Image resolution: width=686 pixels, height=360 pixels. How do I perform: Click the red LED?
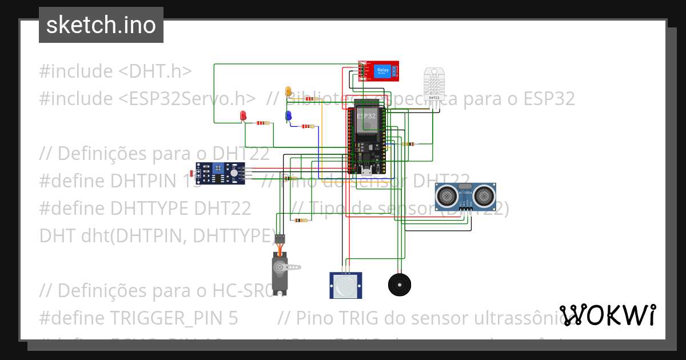tap(243, 116)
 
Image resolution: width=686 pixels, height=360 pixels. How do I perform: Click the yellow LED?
tap(289, 91)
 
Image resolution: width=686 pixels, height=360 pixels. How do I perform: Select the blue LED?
tap(288, 116)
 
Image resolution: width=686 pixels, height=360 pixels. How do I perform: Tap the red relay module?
tap(379, 71)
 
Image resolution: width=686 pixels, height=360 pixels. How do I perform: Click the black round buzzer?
tap(400, 284)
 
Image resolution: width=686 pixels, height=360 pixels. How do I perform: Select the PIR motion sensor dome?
tap(346, 286)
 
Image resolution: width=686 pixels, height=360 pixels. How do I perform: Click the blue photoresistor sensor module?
tap(220, 173)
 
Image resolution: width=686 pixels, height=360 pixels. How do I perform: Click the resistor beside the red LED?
tap(262, 123)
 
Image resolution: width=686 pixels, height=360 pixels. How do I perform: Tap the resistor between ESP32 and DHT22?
tap(408, 144)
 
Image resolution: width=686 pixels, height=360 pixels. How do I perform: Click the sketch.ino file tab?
tap(101, 25)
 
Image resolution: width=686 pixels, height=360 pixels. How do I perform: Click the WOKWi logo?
tap(608, 315)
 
